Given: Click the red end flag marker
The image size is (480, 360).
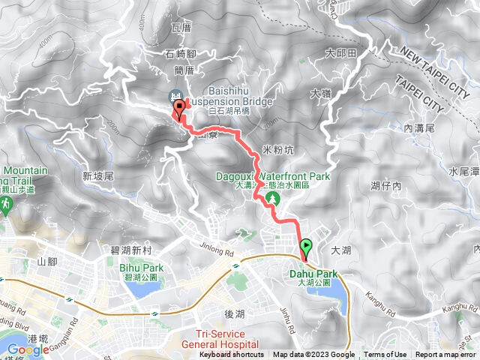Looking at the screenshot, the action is (x=180, y=109).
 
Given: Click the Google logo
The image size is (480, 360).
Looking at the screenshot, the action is (x=28, y=349).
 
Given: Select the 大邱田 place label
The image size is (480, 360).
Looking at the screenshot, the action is (x=340, y=53).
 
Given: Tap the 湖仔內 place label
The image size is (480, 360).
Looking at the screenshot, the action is (x=385, y=184).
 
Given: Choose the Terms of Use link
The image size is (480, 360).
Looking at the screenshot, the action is (x=385, y=355).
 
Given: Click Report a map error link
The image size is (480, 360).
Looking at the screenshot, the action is (x=446, y=355).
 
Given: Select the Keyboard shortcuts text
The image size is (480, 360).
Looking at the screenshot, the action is (x=232, y=355).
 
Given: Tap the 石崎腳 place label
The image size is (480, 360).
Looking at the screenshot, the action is (x=179, y=54).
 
